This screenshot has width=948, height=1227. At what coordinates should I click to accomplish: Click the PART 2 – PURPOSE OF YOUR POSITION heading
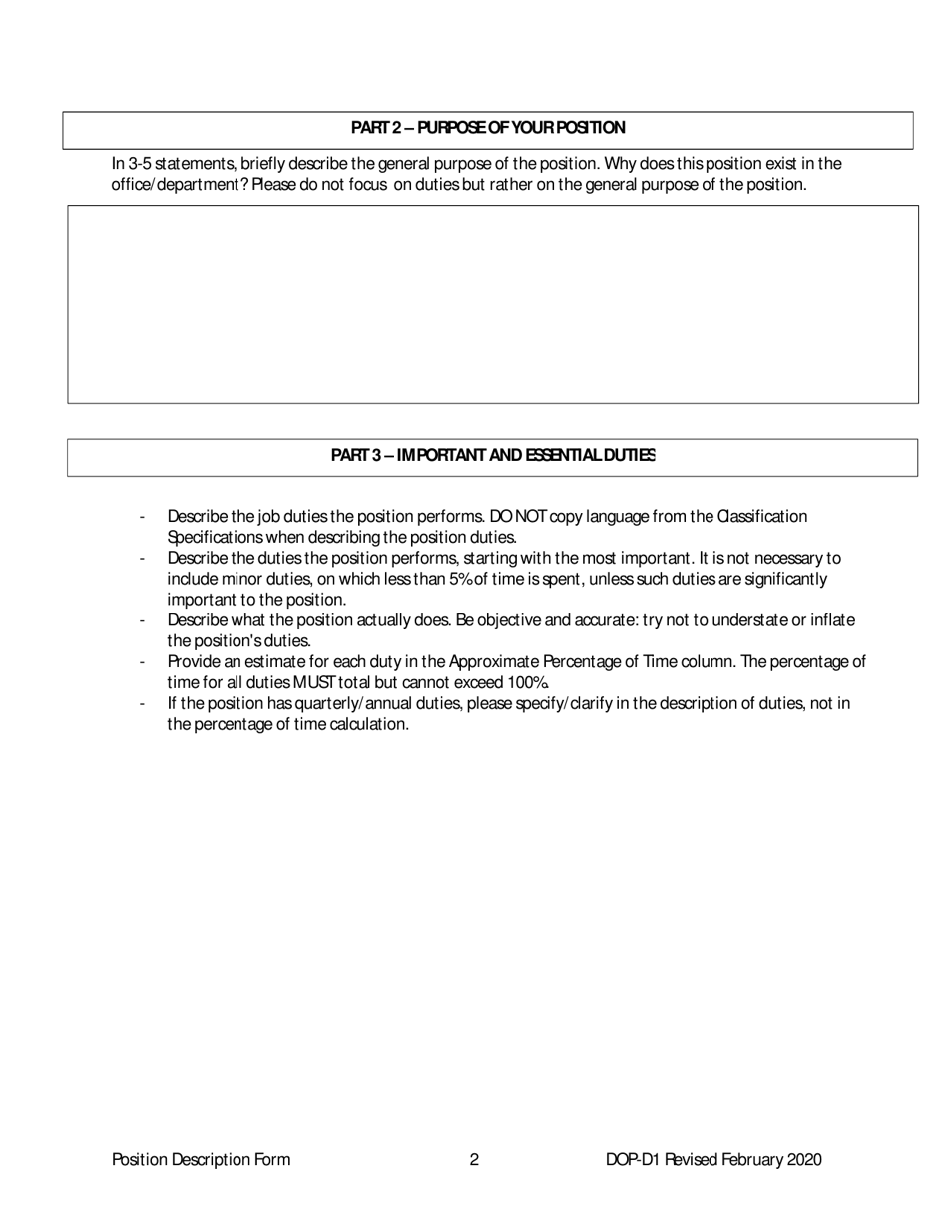488,128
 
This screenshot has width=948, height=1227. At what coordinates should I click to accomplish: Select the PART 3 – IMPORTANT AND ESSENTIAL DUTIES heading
493,456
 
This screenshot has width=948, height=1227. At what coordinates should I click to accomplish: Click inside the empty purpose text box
493,304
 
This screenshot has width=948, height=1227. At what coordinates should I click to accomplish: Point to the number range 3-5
140,164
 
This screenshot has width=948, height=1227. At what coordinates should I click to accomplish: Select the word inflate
829,620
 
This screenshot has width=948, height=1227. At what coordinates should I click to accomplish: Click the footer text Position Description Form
202,1159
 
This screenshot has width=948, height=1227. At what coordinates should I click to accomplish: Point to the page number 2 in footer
474,1159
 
